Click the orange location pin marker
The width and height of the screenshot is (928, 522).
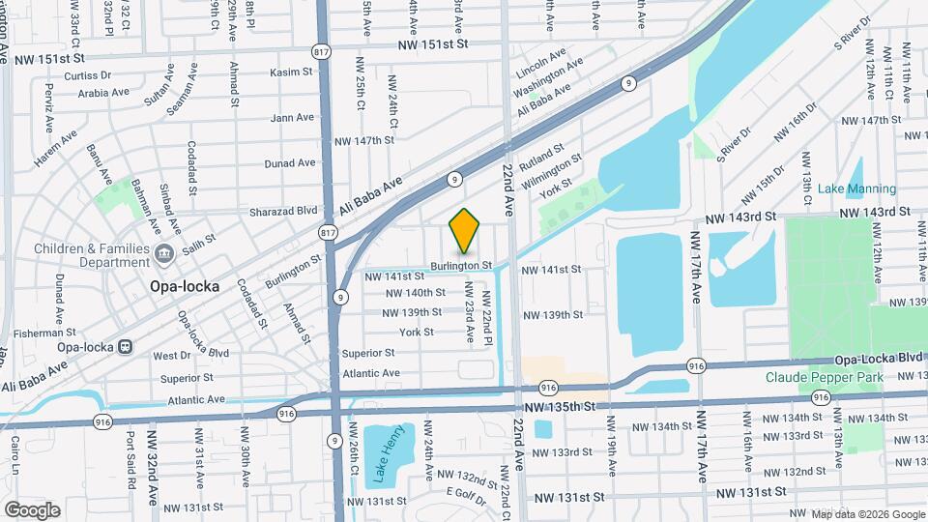pos(465,231)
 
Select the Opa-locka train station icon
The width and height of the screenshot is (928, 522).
pos(125,346)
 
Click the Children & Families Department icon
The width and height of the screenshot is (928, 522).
pos(163,254)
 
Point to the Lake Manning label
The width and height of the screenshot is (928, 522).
pos(856,189)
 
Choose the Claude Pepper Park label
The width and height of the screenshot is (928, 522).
pos(825,377)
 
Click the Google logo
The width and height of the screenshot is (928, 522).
pos(32,509)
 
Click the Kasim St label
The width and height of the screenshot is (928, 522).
pos(291,72)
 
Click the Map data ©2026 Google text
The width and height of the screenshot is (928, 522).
pos(866,513)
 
